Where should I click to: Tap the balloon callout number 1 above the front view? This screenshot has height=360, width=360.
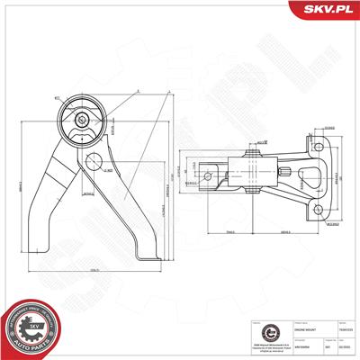(x=137, y=90)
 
